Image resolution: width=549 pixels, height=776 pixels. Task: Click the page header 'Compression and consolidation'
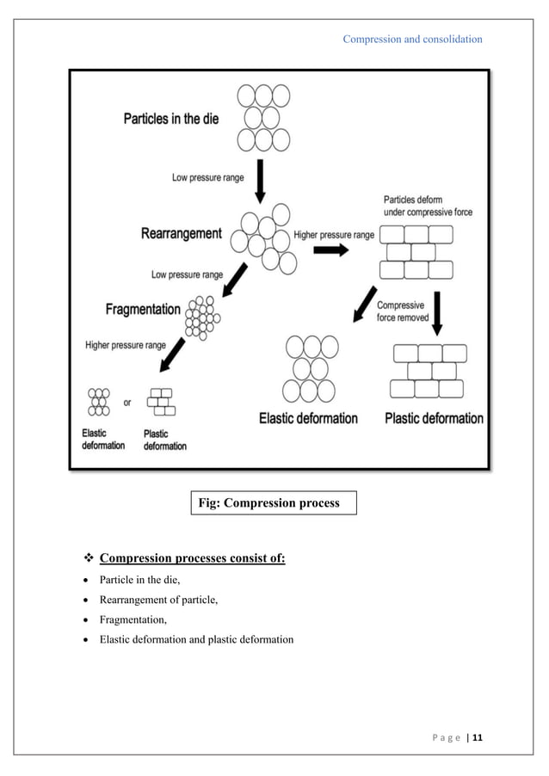pos(412,39)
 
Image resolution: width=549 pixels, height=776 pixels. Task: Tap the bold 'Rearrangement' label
pos(182,233)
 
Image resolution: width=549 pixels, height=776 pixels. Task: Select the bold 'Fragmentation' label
pos(143,308)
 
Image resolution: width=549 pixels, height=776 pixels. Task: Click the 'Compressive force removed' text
pos(404,311)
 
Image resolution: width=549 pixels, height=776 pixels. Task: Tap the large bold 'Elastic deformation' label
pos(308,418)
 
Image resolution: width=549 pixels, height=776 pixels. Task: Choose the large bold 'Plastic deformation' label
pos(434,418)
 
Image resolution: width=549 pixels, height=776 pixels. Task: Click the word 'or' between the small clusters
pos(127,402)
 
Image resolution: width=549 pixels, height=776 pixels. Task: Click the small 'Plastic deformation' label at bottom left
pos(164,440)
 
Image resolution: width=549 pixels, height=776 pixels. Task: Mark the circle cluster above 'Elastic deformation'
pos(307,369)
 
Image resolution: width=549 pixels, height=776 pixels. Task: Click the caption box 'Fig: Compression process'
pos(272,502)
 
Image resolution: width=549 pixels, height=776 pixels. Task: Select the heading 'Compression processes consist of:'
pos(192,559)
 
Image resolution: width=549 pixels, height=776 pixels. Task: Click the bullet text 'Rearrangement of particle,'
pos(158,600)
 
